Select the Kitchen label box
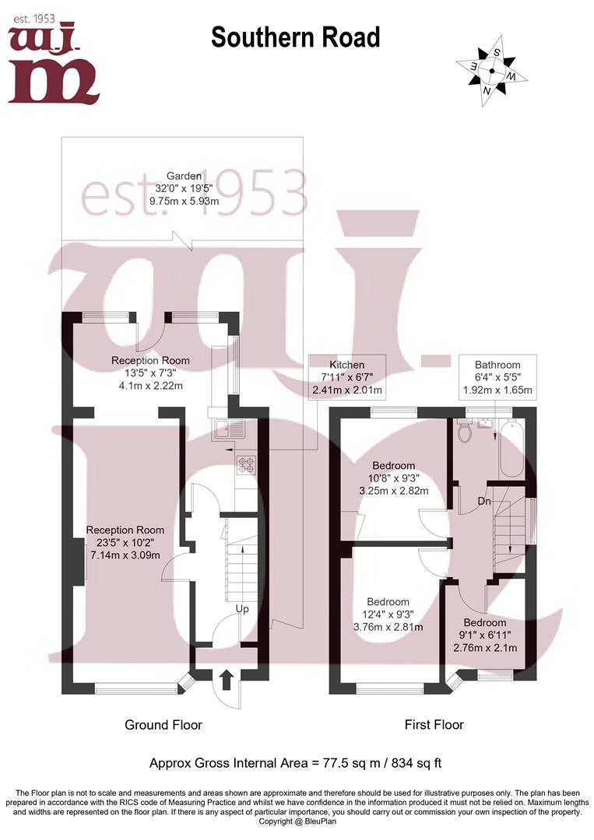[346, 377]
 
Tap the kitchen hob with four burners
[246, 465]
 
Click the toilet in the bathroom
[466, 432]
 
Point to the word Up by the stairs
[242, 609]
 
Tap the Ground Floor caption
[163, 725]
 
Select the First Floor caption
[434, 725]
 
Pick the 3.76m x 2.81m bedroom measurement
[388, 628]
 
